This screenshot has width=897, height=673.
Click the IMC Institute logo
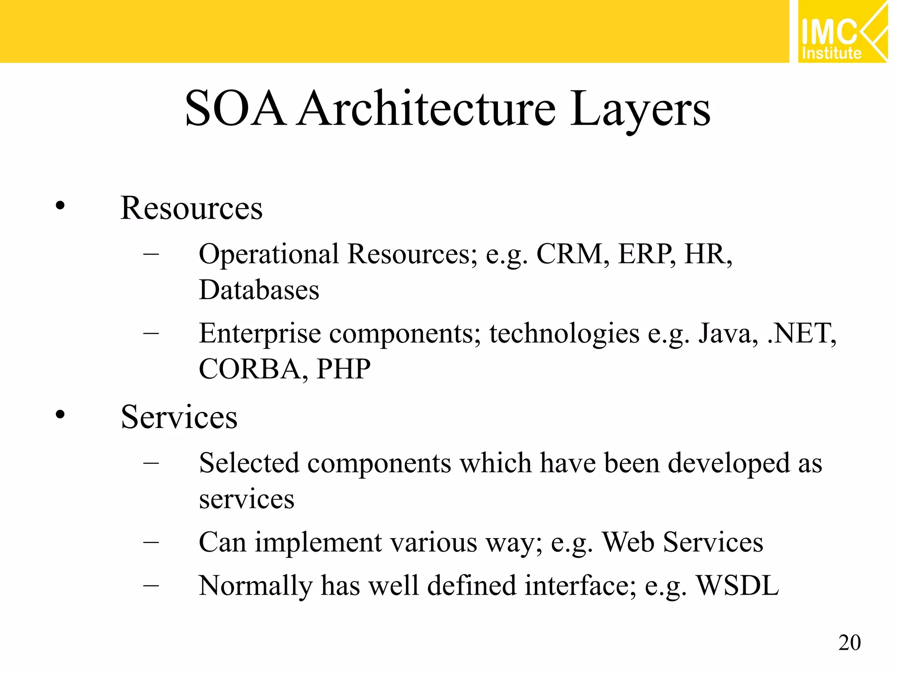click(843, 32)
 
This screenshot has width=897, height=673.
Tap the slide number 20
click(849, 643)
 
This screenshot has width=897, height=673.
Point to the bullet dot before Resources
click(60, 205)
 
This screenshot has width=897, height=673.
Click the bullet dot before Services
click(60, 414)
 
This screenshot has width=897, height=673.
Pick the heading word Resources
click(191, 208)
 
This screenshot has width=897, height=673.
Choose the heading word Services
click(179, 417)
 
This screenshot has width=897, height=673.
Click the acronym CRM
click(569, 254)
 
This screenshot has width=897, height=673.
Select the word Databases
click(259, 290)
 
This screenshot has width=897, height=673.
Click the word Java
click(727, 333)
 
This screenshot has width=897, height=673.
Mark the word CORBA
click(249, 369)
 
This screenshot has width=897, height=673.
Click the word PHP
click(343, 369)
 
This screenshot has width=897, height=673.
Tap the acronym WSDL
click(738, 585)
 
